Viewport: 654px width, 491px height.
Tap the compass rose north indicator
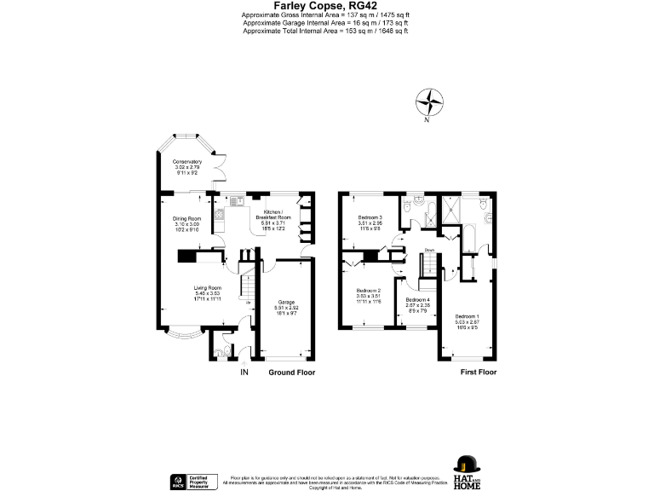click(x=430, y=104)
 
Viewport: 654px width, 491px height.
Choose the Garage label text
click(x=285, y=308)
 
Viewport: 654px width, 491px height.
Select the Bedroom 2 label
click(x=367, y=295)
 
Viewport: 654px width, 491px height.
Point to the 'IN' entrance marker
click(x=244, y=373)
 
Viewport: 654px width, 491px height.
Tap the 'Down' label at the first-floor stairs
click(x=430, y=250)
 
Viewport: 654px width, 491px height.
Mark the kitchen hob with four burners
click(x=218, y=214)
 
